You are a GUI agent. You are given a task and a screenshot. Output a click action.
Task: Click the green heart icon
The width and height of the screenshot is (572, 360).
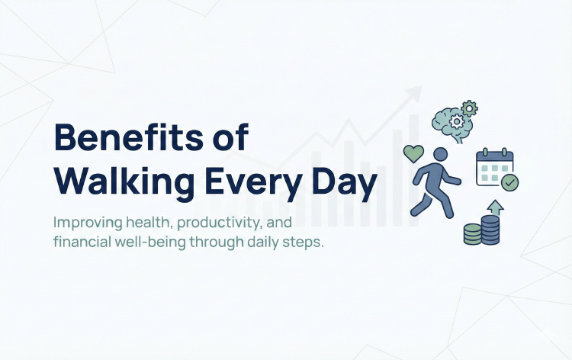click(x=413, y=153)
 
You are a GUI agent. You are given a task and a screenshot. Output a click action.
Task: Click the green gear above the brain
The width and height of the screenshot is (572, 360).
click(x=469, y=108)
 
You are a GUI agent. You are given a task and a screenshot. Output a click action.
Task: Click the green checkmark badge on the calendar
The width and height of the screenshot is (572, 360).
click(x=510, y=182)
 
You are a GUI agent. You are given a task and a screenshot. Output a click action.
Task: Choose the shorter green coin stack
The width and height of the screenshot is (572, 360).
click(x=473, y=234)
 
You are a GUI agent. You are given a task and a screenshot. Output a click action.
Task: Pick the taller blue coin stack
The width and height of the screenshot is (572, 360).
click(x=490, y=230)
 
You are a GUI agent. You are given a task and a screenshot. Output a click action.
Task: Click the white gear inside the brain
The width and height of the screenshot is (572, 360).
click(x=456, y=121)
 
